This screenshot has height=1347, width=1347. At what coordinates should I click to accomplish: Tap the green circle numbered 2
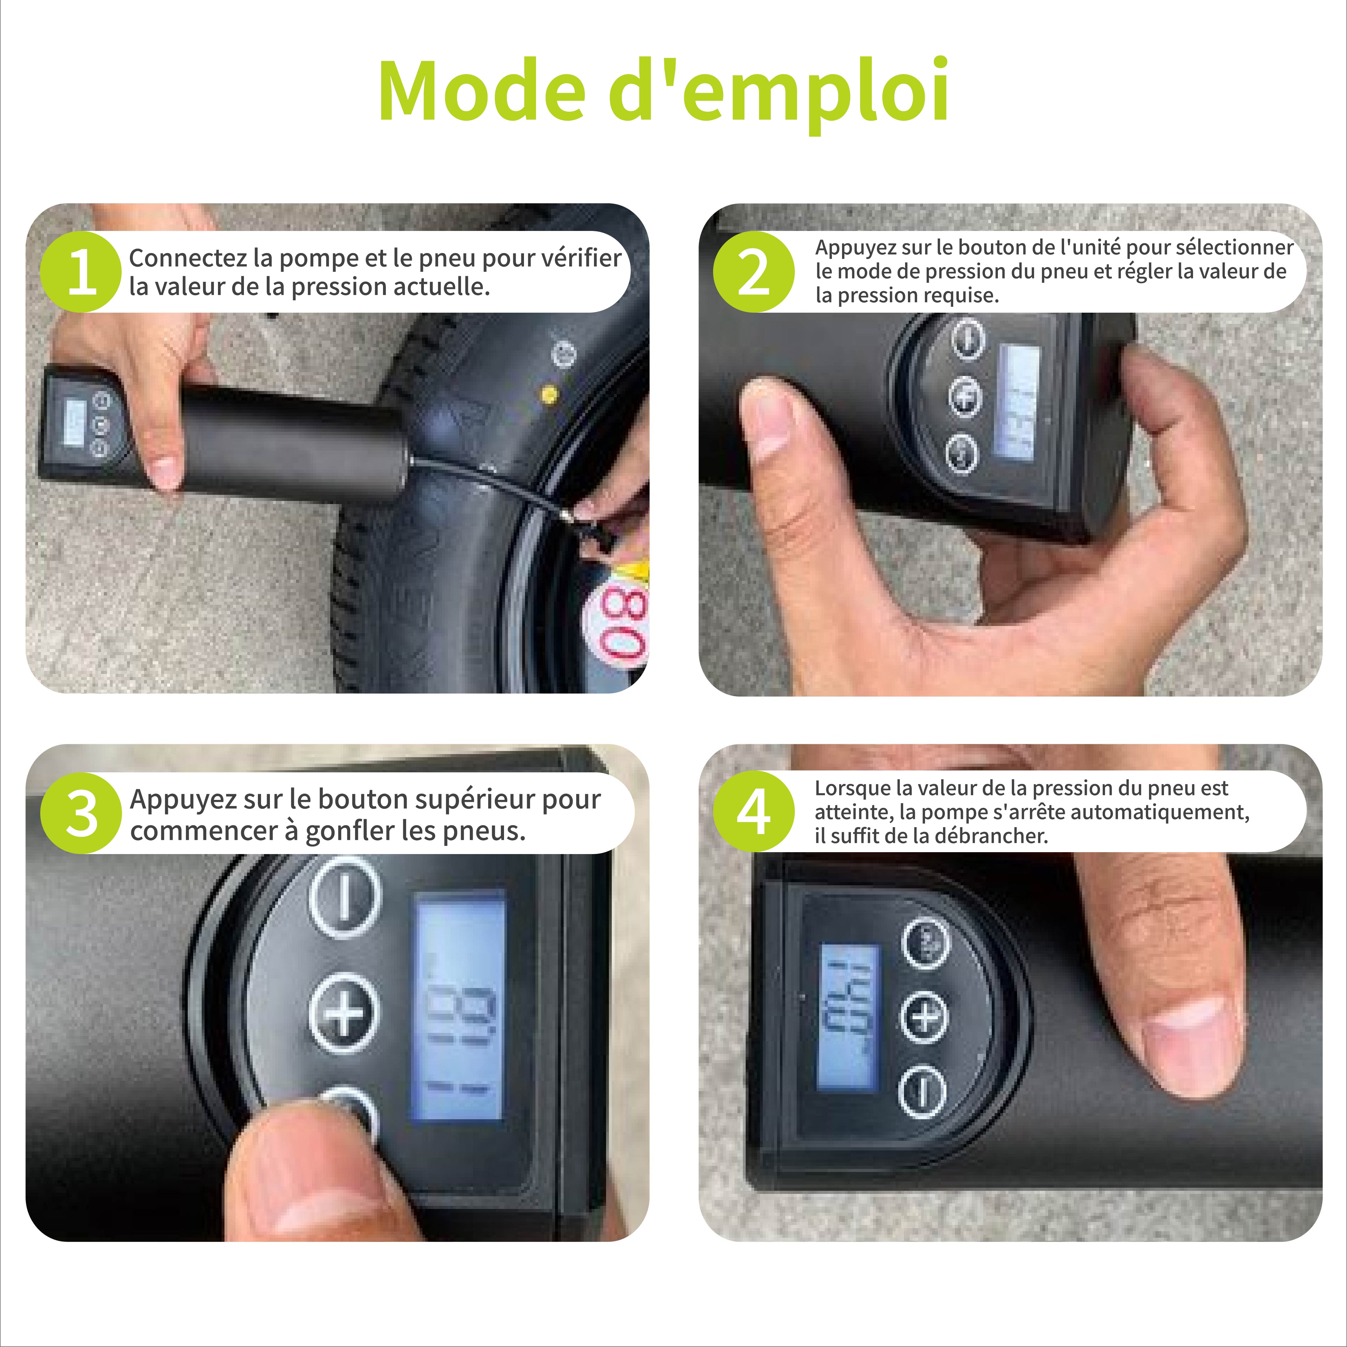(x=754, y=271)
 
